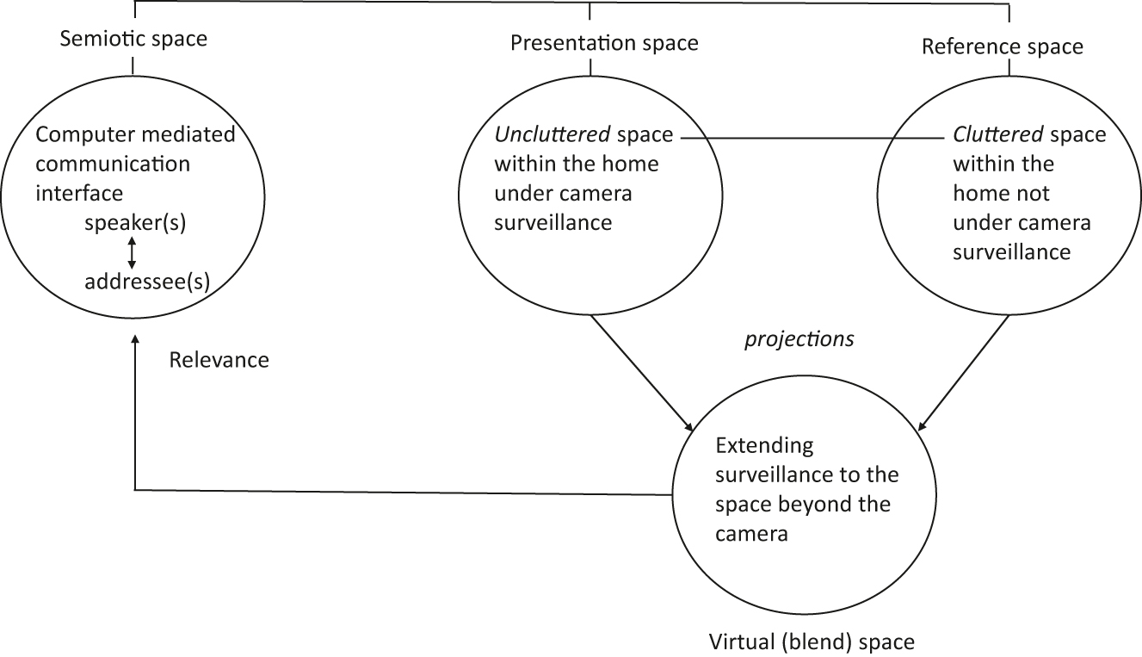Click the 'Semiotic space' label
coord(133,39)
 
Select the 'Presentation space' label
coord(604,42)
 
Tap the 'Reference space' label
coord(1002,46)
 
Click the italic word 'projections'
coord(799,339)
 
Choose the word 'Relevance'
coord(219,360)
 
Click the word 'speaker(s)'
coord(136,223)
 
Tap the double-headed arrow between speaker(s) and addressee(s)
coord(132,252)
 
